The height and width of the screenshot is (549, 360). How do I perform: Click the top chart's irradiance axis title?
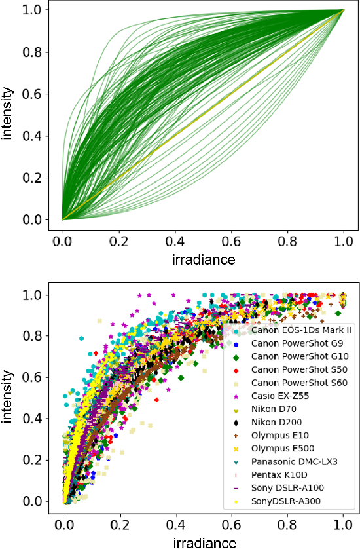point(204,260)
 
